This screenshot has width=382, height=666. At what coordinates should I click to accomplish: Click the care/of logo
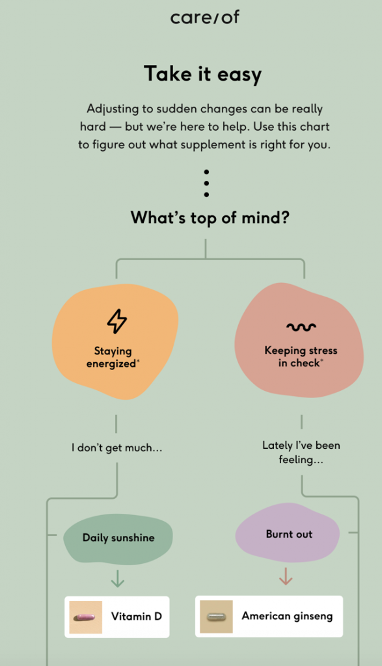click(x=205, y=18)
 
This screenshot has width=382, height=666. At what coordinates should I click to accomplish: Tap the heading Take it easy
click(x=202, y=74)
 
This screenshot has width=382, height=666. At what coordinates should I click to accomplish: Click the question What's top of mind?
click(x=210, y=217)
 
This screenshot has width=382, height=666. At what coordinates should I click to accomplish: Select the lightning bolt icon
click(x=117, y=321)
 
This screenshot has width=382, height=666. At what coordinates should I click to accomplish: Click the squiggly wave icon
click(x=301, y=326)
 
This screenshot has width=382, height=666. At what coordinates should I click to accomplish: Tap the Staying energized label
click(x=113, y=357)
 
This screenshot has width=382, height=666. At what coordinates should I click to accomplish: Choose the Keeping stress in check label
click(x=301, y=356)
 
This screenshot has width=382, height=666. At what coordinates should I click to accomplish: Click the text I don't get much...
click(x=117, y=447)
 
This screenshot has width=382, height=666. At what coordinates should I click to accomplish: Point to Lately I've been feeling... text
click(x=301, y=453)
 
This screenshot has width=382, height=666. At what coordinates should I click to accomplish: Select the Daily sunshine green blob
click(x=118, y=539)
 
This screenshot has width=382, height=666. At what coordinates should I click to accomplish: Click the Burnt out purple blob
click(x=288, y=534)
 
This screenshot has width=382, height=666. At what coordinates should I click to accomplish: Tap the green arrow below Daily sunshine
click(x=118, y=578)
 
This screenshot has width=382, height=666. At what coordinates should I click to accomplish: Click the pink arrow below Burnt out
click(x=286, y=576)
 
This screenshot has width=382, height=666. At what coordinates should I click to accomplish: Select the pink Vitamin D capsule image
click(x=85, y=617)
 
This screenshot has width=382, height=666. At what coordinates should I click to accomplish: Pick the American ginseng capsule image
click(x=216, y=617)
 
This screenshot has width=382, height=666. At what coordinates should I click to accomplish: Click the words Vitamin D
click(x=137, y=617)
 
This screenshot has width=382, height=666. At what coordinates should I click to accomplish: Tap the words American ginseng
click(x=287, y=617)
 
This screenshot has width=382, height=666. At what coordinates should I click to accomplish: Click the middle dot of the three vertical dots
click(x=206, y=183)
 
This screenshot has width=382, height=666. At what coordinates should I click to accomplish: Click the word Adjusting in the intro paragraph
click(x=113, y=109)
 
